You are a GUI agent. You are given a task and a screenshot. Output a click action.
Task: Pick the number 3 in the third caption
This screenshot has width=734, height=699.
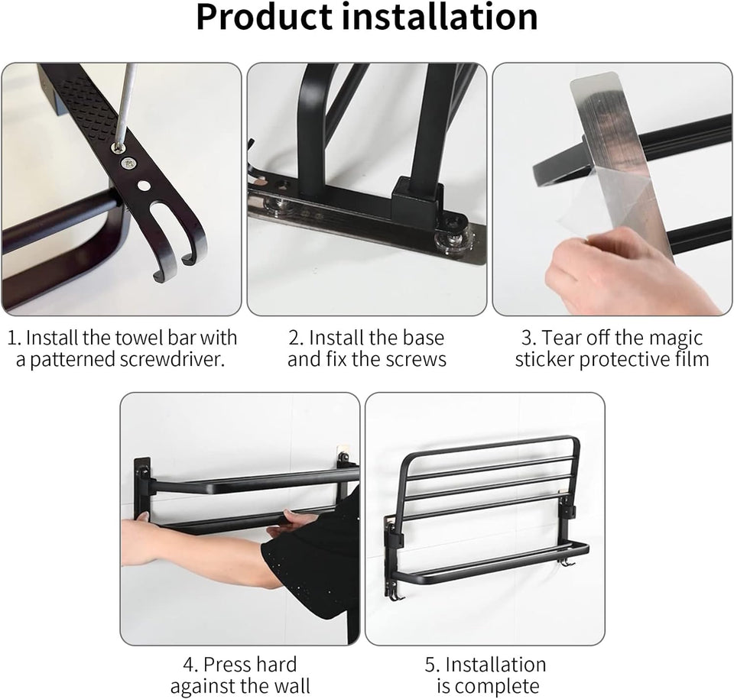[x=527, y=338]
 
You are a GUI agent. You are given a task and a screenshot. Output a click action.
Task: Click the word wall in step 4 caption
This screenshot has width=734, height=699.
[x=291, y=687]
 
